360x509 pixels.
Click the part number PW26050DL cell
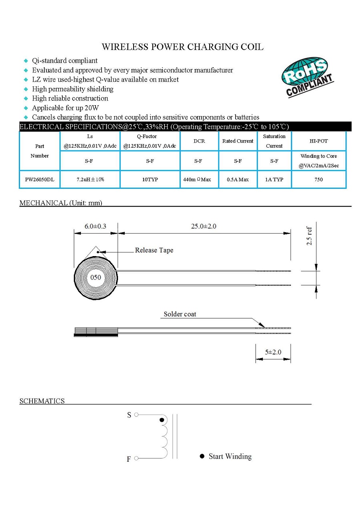(x=40, y=180)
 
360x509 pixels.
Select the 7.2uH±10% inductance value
(x=90, y=180)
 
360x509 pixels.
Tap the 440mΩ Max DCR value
(x=197, y=180)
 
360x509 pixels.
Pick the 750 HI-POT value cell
(x=318, y=180)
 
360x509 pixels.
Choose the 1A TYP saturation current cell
(x=274, y=180)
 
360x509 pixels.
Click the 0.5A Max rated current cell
(x=238, y=180)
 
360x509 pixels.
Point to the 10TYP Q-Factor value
(x=150, y=180)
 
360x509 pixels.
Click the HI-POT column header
(x=318, y=141)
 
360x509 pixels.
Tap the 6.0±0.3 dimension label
(x=95, y=226)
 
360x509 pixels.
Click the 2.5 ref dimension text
(x=309, y=236)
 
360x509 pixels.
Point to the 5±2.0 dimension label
(x=273, y=352)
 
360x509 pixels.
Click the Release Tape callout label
(x=154, y=250)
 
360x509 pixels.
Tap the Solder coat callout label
(x=180, y=314)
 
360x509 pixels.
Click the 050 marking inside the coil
(x=95, y=277)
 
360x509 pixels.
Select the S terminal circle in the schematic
(x=136, y=415)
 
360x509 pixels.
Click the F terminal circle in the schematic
(x=136, y=458)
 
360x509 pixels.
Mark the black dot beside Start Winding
(x=202, y=457)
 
